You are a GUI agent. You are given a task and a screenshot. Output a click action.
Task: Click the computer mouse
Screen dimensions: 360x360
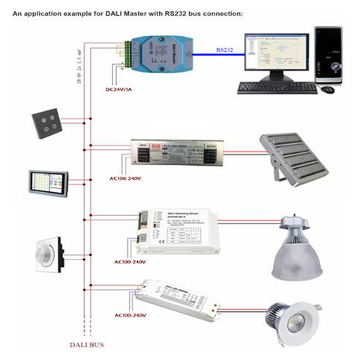328,89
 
